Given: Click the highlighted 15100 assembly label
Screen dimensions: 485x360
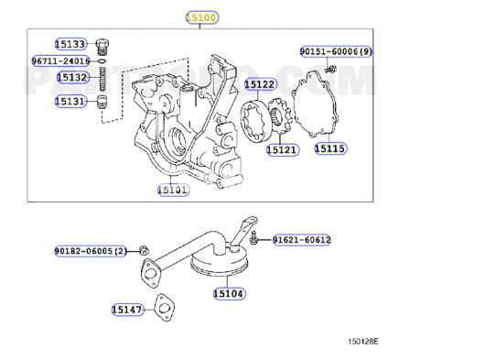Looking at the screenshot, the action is click(x=202, y=17).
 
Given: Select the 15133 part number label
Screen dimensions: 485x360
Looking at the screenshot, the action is click(x=70, y=44).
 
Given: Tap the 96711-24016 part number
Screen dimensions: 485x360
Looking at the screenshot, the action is click(x=61, y=60).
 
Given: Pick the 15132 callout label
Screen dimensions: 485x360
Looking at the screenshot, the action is click(x=73, y=77).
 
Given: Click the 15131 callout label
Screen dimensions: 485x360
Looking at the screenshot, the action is click(x=70, y=101).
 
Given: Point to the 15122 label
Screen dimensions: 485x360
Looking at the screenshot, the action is click(x=261, y=84).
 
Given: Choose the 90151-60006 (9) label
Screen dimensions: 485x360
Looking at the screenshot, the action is click(x=336, y=51).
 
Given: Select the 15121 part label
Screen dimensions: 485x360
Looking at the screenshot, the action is click(x=283, y=150).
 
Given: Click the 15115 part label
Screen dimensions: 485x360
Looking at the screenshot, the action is click(x=330, y=148).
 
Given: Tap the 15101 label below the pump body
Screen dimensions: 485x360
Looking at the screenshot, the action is click(x=173, y=190).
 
